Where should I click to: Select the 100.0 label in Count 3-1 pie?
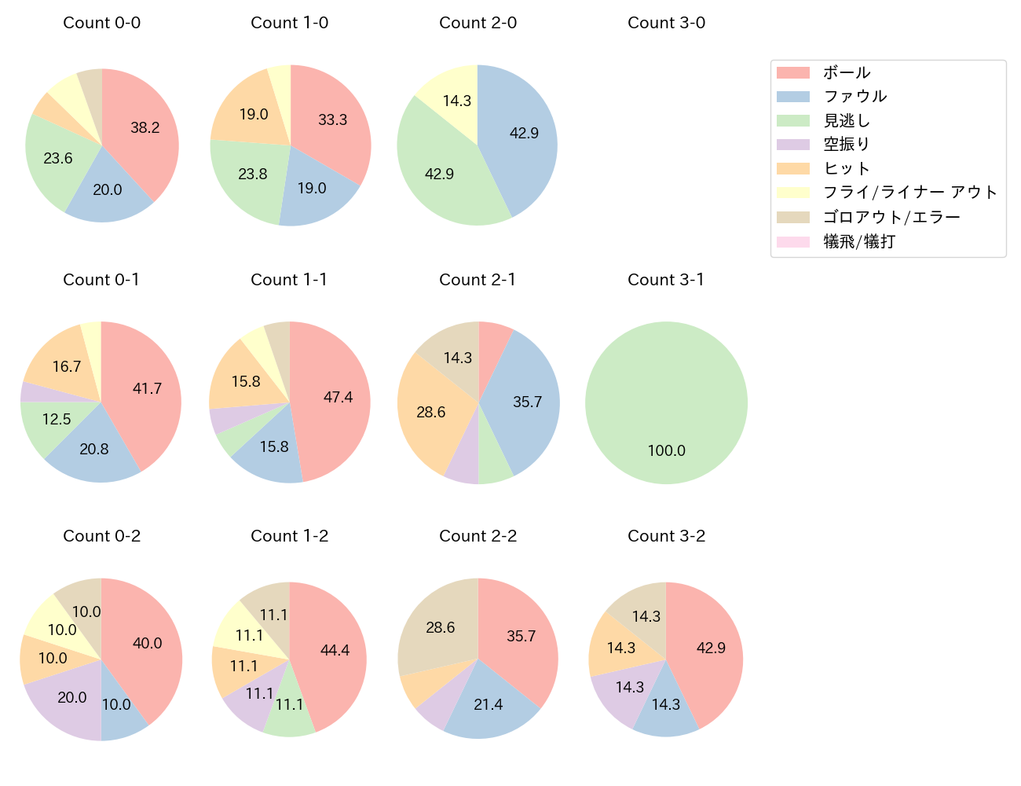[666, 450]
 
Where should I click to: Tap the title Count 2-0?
[478, 23]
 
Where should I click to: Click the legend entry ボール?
[846, 72]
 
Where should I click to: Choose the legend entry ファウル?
[854, 96]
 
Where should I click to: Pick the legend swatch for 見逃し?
[792, 120]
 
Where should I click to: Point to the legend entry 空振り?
[846, 144]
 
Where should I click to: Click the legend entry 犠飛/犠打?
[858, 241]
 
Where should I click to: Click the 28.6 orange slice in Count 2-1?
[431, 412]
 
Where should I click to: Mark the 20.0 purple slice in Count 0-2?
[71, 697]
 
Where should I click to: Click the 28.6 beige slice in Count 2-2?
[440, 627]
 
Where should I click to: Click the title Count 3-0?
[666, 23]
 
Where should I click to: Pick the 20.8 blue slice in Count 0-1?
[94, 449]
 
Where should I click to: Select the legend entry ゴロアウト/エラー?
[891, 217]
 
